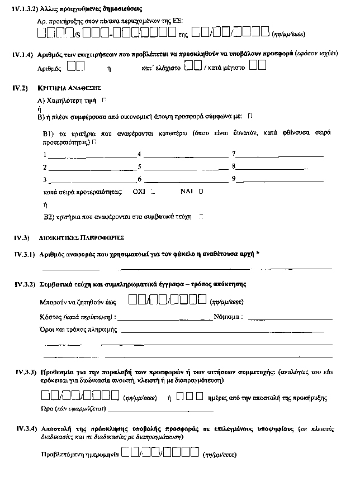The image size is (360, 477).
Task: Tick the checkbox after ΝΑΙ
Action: (x=201, y=191)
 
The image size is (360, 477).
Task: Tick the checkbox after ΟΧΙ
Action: (x=153, y=191)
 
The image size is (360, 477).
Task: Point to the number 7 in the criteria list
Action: (x=234, y=154)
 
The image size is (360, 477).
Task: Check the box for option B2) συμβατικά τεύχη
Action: (x=201, y=215)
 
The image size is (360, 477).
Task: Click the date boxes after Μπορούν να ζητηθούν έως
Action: (x=168, y=302)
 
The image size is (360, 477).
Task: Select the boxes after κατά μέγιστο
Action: (x=257, y=67)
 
